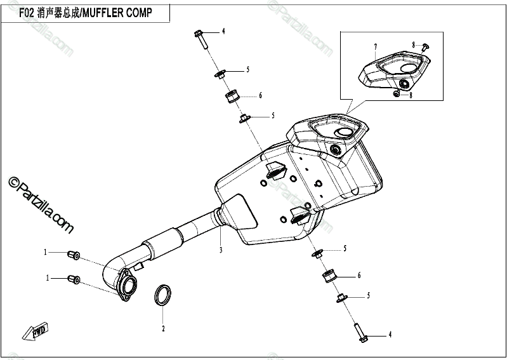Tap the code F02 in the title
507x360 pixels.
click(25, 13)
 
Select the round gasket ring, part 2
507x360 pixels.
click(164, 295)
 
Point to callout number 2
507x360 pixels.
click(163, 328)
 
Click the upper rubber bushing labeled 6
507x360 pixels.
click(232, 98)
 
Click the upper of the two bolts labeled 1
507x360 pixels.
click(73, 254)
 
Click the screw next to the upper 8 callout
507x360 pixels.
click(425, 46)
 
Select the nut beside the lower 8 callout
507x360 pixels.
click(397, 93)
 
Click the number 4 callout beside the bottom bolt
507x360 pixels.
click(390, 335)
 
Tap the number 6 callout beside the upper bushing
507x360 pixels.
click(260, 96)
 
